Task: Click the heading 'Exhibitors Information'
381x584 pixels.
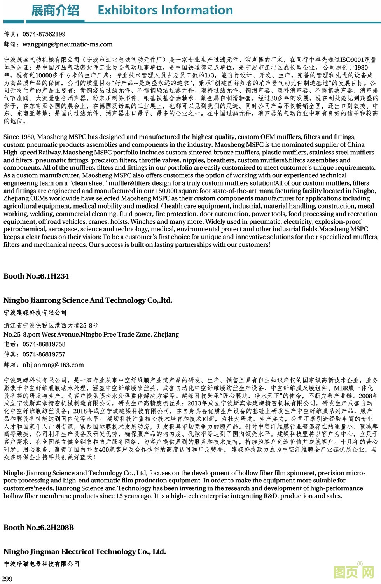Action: [x=165, y=10]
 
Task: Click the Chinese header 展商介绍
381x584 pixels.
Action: [x=55, y=11]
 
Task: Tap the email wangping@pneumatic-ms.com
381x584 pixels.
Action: [x=67, y=44]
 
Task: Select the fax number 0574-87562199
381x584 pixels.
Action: [x=44, y=34]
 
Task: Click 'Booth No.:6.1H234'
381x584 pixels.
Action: [x=36, y=276]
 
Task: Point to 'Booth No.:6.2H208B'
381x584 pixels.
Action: [x=38, y=528]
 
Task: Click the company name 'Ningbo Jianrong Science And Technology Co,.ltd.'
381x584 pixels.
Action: [x=88, y=300]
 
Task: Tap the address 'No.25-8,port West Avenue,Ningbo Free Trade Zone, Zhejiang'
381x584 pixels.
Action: [x=91, y=334]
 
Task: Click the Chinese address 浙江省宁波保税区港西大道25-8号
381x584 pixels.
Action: [x=51, y=325]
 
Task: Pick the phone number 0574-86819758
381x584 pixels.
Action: [x=44, y=344]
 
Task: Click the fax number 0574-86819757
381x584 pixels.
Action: [x=44, y=354]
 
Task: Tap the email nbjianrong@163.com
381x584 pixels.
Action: [x=53, y=365]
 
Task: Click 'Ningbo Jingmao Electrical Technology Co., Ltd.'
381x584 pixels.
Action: [x=85, y=552]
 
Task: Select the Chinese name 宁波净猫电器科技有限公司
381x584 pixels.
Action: [x=42, y=564]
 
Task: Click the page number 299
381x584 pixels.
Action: [x=7, y=579]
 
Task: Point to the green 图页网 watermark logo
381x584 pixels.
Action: [x=354, y=572]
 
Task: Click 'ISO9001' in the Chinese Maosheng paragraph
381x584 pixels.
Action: [x=352, y=60]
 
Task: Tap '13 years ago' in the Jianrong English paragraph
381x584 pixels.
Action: [x=133, y=496]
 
